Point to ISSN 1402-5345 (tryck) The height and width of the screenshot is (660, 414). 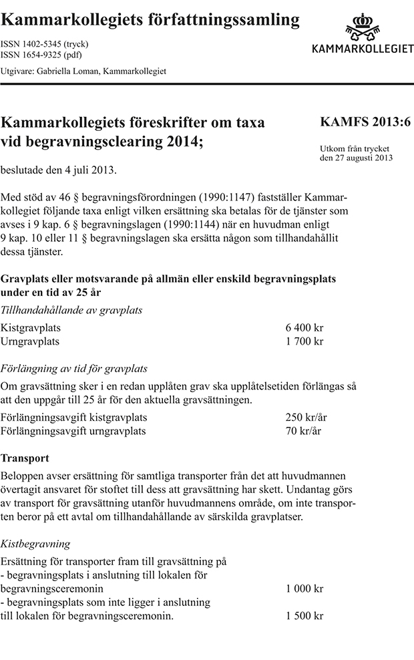[x=45, y=44]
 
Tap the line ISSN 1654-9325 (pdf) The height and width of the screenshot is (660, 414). [x=41, y=55]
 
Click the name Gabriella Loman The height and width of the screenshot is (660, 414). [x=70, y=71]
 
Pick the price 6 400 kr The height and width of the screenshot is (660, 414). [x=304, y=328]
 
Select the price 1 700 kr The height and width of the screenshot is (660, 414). [x=304, y=341]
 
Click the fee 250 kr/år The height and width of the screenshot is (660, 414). [x=306, y=418]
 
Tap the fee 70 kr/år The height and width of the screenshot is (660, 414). [x=303, y=431]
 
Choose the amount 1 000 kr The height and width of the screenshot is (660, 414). [x=304, y=589]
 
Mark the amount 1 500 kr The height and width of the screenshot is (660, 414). [x=304, y=615]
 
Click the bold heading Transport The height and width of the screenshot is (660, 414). [x=25, y=459]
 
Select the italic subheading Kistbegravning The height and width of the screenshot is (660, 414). [x=35, y=544]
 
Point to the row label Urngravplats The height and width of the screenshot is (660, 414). [x=30, y=341]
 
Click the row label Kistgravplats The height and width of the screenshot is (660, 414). [x=31, y=328]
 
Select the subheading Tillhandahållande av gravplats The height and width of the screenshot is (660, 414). [x=71, y=310]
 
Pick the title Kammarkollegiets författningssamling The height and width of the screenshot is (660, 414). [x=151, y=21]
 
